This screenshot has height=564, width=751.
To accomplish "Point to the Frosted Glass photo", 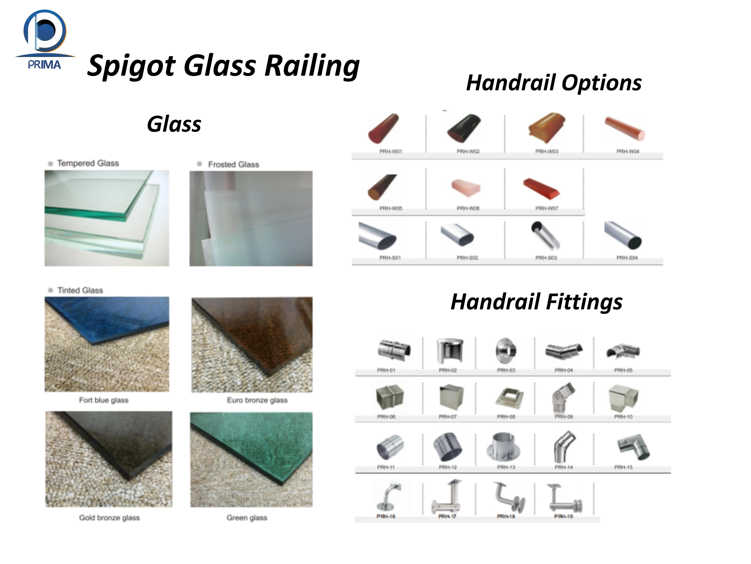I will coord(251,218).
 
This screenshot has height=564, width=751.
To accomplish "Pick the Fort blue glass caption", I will coord(104,400).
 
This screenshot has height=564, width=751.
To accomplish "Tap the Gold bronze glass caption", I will coord(109,517).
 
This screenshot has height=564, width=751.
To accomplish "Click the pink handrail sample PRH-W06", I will coord(466,188).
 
